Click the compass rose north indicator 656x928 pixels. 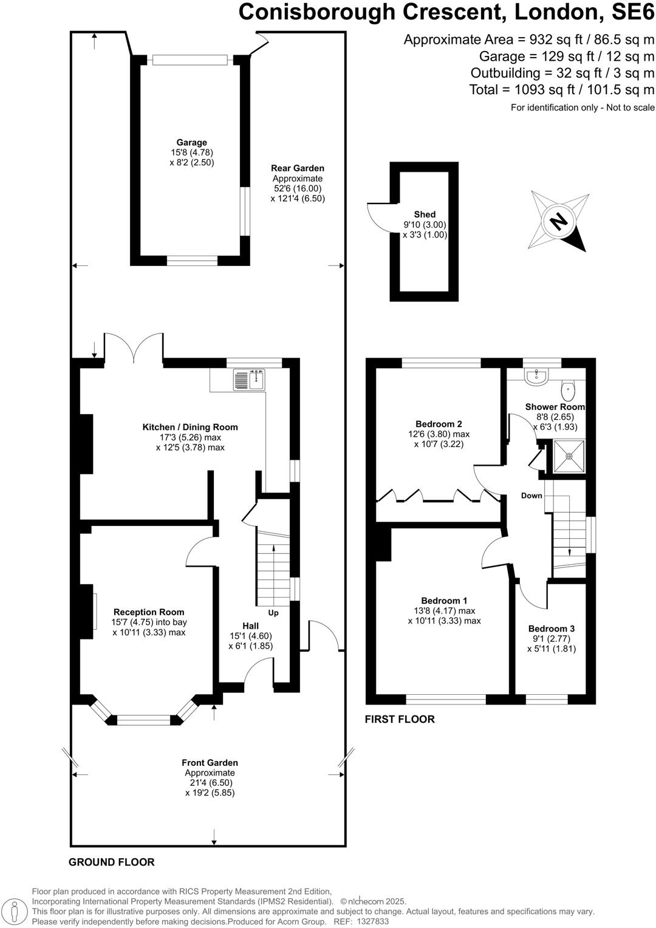point(559,220)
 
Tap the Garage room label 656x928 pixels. point(192,143)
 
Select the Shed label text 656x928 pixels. point(425,214)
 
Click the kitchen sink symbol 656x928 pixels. point(249,380)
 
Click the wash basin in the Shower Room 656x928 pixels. point(536,377)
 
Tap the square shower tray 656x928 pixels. point(569,457)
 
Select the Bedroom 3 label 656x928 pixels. point(551,629)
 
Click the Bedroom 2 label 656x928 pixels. point(439,424)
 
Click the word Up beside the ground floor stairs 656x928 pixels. point(273,613)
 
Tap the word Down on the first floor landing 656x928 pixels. point(531,496)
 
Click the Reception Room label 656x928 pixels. point(149,612)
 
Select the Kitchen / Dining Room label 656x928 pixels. point(190,427)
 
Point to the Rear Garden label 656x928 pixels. point(298,168)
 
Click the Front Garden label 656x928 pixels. point(210,763)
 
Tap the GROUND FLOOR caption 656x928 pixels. point(111,862)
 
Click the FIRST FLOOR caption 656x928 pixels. point(400,719)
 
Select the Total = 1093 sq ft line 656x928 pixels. point(561,90)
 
